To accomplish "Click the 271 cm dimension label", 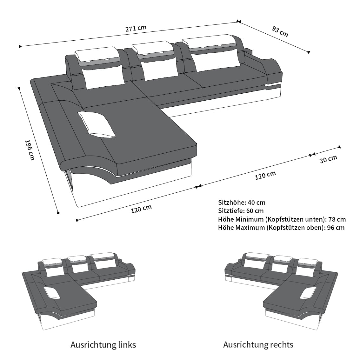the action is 136,28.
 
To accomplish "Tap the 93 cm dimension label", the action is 280,31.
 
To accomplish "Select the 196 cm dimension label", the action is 30,150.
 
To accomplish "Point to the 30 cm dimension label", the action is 328,159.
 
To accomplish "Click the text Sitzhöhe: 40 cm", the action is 242,203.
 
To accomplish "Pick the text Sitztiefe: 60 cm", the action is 241,211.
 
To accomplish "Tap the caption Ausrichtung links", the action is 103,345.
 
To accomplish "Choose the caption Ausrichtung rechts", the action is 258,345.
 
